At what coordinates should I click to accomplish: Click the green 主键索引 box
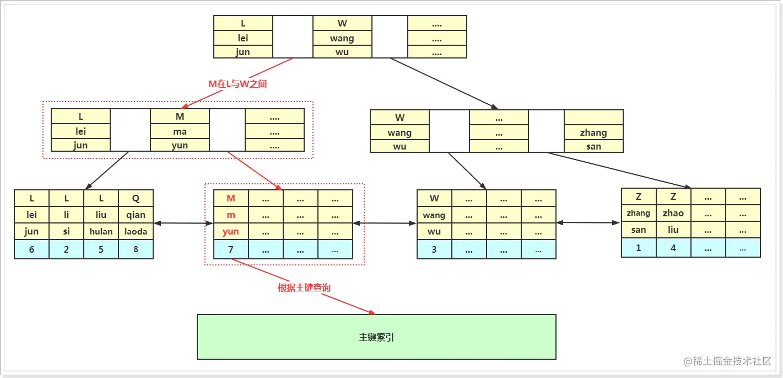click(x=376, y=337)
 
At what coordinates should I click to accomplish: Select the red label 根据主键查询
click(x=304, y=288)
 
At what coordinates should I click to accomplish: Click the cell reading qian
click(x=136, y=215)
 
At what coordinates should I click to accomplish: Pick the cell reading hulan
click(x=101, y=232)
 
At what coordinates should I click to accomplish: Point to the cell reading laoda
click(x=136, y=232)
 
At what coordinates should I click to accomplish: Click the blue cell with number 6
click(x=31, y=249)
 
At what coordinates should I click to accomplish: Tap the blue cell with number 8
click(x=136, y=249)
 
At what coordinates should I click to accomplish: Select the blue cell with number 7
click(x=231, y=249)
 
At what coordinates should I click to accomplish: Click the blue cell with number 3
click(x=434, y=249)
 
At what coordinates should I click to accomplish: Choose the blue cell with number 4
click(x=673, y=248)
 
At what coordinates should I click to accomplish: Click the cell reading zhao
click(x=673, y=213)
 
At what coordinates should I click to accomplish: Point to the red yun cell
click(x=231, y=232)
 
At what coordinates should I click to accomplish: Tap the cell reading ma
click(x=180, y=131)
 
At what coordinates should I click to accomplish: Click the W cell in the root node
click(x=342, y=24)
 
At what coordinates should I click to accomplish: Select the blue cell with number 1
click(x=639, y=248)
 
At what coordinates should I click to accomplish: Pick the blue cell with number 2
click(x=66, y=249)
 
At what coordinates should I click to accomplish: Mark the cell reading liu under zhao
click(x=673, y=230)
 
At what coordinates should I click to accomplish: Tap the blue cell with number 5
click(x=101, y=249)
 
